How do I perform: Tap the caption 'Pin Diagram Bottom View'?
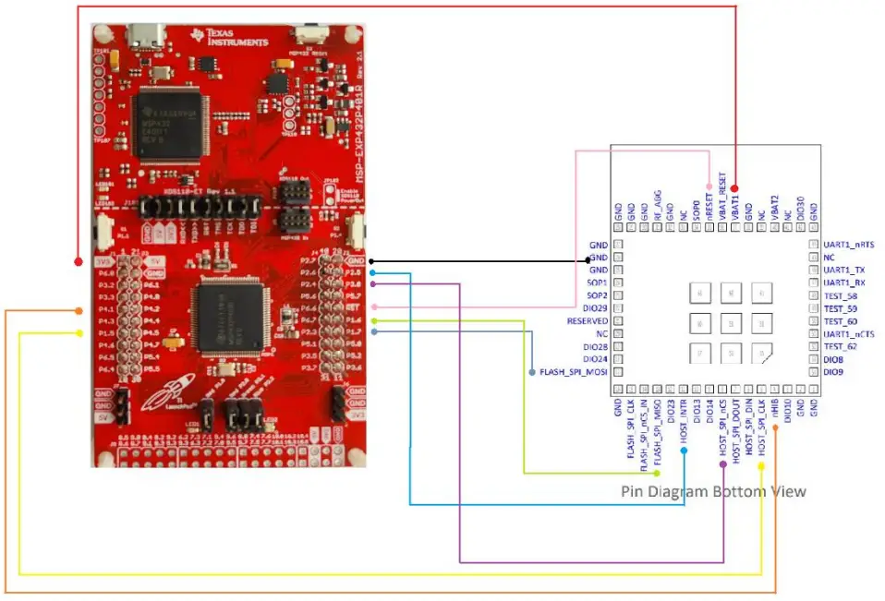(x=713, y=490)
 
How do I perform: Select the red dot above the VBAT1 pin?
(x=735, y=189)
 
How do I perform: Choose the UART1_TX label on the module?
(x=843, y=270)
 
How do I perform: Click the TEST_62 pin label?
(x=842, y=346)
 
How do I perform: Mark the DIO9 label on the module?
(x=834, y=372)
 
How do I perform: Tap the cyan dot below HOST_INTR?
(x=685, y=451)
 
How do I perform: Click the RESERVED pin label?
(x=587, y=320)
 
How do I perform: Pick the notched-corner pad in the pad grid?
(x=762, y=353)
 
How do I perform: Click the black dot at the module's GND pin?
(x=588, y=261)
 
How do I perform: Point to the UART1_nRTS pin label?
(x=847, y=245)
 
